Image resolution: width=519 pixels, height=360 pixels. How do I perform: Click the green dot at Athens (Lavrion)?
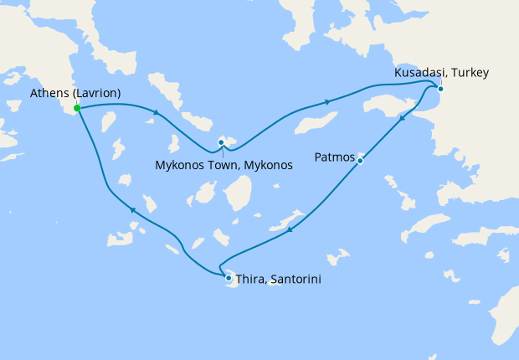(77, 109)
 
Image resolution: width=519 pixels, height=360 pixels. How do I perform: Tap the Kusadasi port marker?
(440, 89)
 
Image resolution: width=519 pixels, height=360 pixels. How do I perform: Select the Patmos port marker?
(360, 160)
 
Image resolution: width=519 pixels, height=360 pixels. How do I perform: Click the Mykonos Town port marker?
(221, 142)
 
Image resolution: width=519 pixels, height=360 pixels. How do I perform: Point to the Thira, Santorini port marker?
(228, 277)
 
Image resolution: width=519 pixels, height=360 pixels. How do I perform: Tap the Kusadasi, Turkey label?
(441, 74)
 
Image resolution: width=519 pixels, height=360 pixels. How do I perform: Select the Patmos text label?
(335, 157)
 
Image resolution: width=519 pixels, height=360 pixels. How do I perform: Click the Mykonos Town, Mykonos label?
(224, 165)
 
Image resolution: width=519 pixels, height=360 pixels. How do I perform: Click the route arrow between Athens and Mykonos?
(156, 114)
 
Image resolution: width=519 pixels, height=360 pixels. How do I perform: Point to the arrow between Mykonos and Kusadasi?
(327, 102)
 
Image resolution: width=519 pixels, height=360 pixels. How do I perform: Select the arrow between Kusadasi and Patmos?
(403, 119)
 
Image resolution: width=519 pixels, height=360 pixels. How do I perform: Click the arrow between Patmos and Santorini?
(289, 229)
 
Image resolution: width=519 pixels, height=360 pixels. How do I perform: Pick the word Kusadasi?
(419, 74)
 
